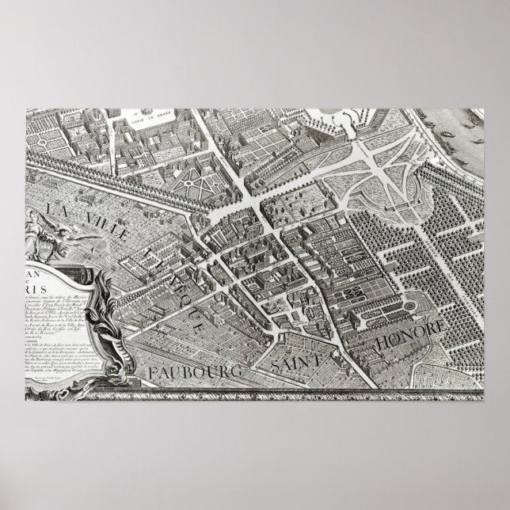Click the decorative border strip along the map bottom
click(x=317, y=390)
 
